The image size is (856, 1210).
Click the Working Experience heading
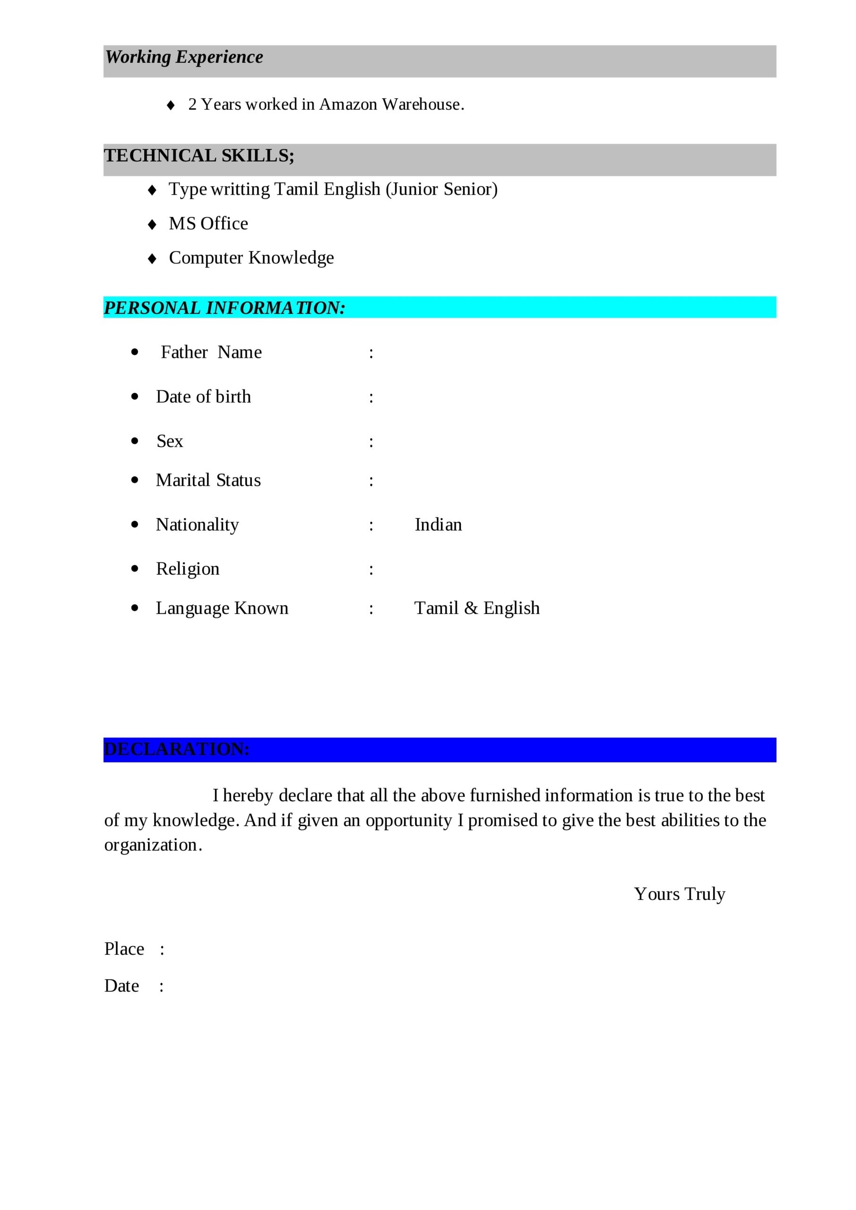(184, 57)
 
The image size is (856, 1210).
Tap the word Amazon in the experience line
(348, 104)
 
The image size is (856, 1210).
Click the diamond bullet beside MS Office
(152, 225)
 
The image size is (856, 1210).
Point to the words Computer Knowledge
(251, 258)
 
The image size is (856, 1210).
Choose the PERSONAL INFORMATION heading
(224, 308)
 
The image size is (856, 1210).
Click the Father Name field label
(211, 352)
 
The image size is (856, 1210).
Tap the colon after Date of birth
(371, 398)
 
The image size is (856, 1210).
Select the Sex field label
(169, 441)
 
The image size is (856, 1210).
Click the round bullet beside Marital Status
(135, 480)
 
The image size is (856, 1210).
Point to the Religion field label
(188, 569)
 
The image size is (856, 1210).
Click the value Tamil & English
(476, 608)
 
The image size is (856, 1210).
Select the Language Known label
(222, 608)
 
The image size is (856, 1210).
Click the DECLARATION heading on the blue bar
(177, 749)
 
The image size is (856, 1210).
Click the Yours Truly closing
(679, 894)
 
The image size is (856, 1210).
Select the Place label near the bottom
(124, 949)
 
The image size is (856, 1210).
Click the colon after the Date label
(161, 986)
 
